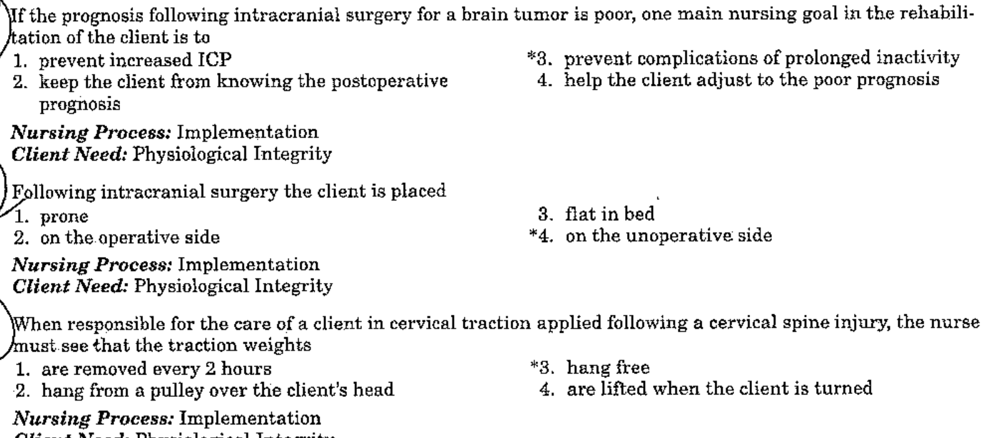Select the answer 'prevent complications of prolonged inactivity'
[762, 58]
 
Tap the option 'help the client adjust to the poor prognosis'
[752, 80]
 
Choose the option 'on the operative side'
[129, 237]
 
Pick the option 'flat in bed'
[610, 215]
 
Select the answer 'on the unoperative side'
[669, 236]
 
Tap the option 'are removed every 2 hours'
[156, 369]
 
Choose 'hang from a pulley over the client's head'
[217, 390]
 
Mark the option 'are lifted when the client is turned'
[719, 389]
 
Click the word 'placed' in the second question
[423, 192]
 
